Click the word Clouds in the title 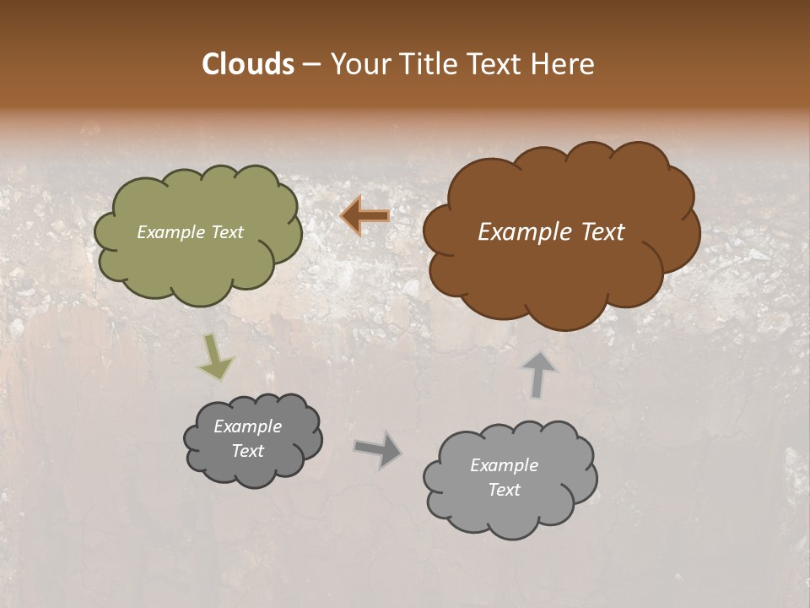248,64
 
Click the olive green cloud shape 198,270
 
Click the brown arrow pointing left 365,216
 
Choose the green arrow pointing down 215,357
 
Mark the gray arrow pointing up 538,374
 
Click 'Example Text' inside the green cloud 191,232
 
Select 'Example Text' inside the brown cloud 551,232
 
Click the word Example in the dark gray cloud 247,426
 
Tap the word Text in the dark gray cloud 247,451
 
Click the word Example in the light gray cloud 504,465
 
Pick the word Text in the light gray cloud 504,490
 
